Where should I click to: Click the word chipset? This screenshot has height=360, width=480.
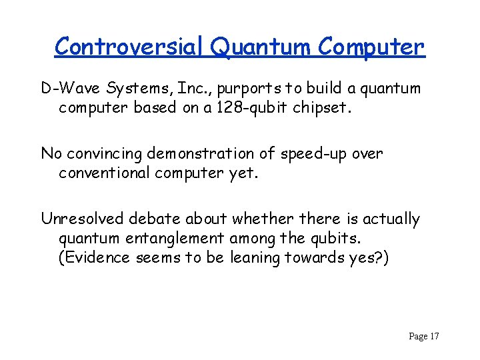point(322,107)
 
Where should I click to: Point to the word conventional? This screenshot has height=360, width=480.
point(106,173)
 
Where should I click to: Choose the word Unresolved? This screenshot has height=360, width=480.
point(83,219)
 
